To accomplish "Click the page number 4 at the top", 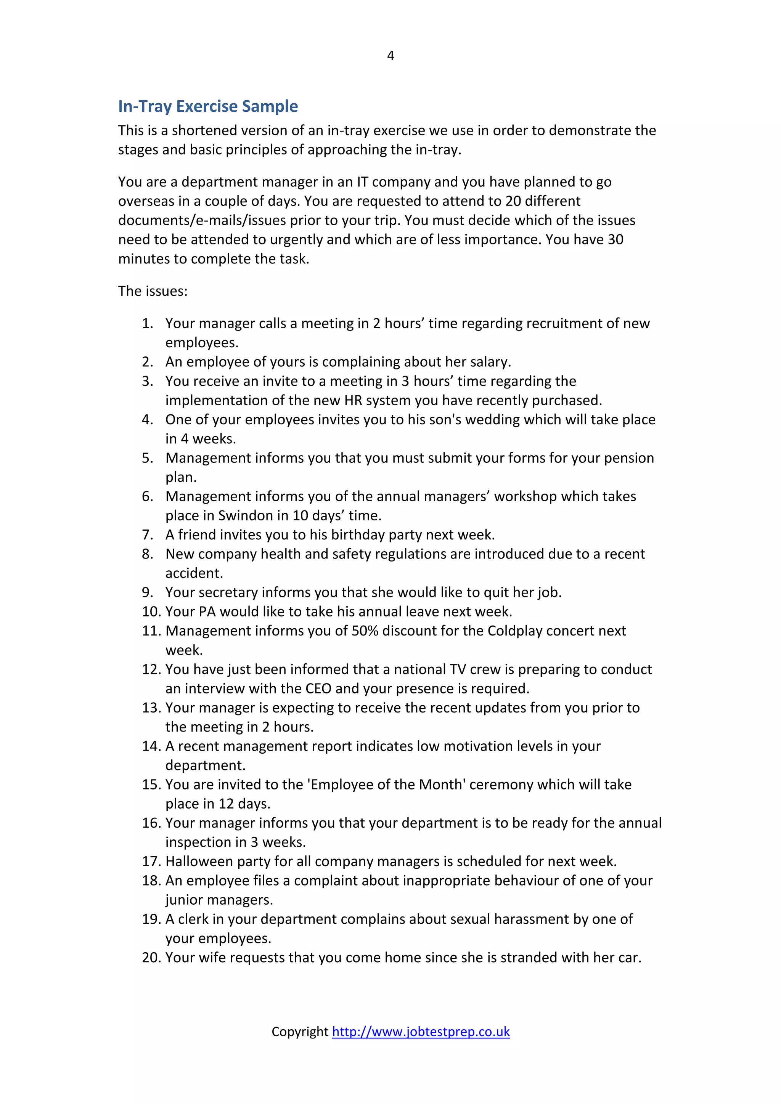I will tap(390, 56).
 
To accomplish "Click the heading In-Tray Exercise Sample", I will tap(208, 106).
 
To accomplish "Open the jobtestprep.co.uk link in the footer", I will tap(421, 1032).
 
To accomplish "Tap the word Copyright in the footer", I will tap(300, 1032).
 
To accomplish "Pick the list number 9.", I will tap(147, 592).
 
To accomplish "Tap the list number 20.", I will tap(151, 957).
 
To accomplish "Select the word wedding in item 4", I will tap(492, 419).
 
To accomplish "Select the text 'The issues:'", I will tap(153, 291).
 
